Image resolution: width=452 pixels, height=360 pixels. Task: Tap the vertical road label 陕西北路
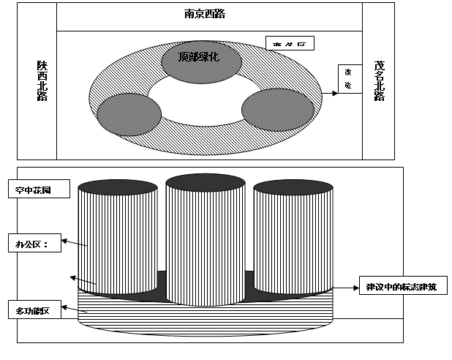[42, 80]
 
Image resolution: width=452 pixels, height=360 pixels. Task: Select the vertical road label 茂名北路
[378, 80]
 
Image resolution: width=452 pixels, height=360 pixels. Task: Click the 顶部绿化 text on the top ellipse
[198, 56]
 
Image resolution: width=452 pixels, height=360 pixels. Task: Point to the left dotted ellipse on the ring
[127, 114]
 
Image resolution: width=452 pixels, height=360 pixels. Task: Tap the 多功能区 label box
[37, 311]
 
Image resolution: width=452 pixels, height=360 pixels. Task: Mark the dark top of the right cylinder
[291, 186]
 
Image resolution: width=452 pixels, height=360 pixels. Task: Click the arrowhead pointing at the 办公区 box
[65, 239]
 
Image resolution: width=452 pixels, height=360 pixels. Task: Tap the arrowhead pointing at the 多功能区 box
[70, 277]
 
